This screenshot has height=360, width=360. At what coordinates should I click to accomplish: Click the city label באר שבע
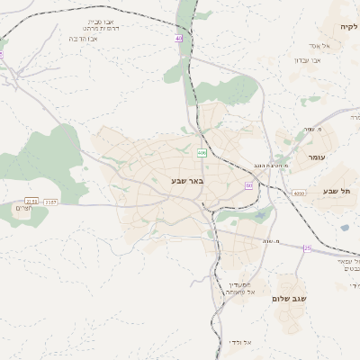click(187, 182)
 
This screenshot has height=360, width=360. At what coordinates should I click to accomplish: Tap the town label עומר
click(314, 158)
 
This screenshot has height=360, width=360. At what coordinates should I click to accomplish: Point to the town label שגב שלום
click(289, 298)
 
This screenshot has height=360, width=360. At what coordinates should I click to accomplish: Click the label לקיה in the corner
click(348, 28)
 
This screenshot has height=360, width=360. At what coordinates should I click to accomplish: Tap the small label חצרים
click(23, 209)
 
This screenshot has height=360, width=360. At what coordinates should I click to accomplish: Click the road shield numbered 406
click(202, 154)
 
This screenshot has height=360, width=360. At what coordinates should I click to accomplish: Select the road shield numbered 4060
click(299, 193)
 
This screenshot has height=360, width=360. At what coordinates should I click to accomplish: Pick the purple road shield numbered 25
click(307, 248)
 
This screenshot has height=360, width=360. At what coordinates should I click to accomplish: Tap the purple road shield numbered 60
click(248, 185)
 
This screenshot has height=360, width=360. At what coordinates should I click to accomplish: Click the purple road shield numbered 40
click(179, 39)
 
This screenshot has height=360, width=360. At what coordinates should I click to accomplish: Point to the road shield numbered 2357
click(50, 202)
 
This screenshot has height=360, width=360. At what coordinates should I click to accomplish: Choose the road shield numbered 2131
click(31, 202)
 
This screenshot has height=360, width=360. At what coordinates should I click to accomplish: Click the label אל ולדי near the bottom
click(240, 342)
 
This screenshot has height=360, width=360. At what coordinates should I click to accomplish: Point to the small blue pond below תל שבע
click(344, 228)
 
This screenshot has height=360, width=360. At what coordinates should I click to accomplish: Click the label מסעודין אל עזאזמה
click(239, 288)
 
